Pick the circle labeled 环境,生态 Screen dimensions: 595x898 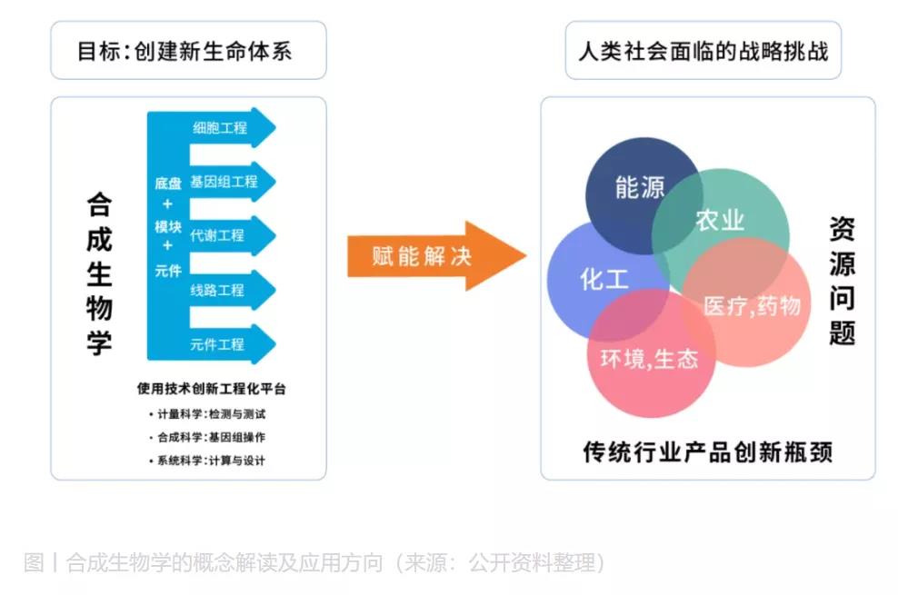pyautogui.click(x=649, y=360)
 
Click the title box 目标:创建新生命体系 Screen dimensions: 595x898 pyautogui.click(x=185, y=51)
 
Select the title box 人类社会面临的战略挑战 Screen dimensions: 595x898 pyautogui.click(x=703, y=50)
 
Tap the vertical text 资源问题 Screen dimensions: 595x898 pyautogui.click(x=842, y=281)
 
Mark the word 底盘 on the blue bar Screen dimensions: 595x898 pyautogui.click(x=167, y=183)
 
